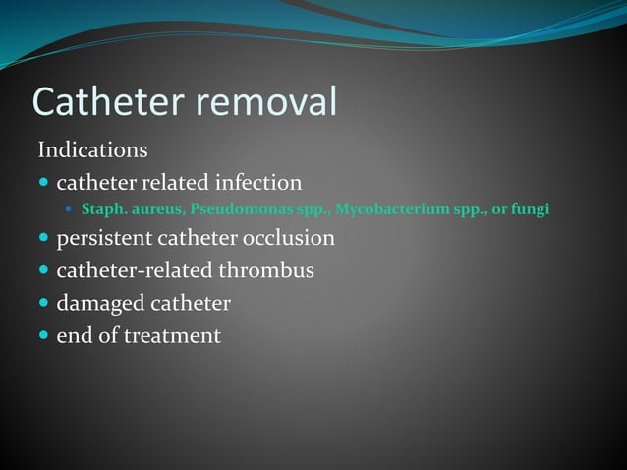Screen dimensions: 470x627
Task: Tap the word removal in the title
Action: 274,101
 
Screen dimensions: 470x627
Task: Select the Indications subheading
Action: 92,150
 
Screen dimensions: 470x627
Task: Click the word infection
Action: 251,183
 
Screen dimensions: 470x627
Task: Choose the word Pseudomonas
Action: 242,209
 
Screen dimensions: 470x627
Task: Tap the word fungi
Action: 529,209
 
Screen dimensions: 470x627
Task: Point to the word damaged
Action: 99,303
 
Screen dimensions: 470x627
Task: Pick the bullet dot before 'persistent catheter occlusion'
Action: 44,239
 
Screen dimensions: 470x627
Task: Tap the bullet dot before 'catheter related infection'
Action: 44,184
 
